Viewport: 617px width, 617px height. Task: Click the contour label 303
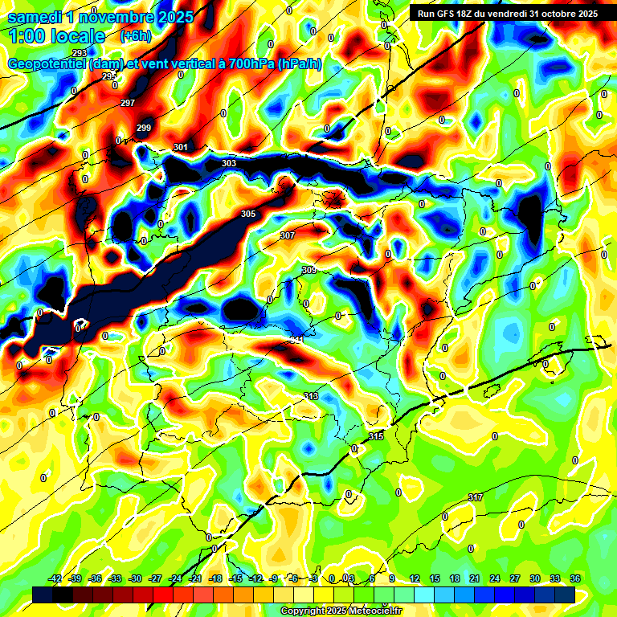(229, 164)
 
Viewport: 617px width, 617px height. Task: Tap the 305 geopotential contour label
(248, 214)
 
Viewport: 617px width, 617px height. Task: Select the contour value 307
(288, 235)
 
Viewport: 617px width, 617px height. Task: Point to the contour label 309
(308, 270)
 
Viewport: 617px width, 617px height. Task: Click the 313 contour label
(312, 397)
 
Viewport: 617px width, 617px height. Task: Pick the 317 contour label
(476, 498)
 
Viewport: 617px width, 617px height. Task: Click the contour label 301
(181, 147)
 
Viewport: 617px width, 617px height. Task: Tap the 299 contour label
(144, 129)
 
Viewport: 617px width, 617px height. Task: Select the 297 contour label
(128, 104)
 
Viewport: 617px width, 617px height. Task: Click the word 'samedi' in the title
(37, 16)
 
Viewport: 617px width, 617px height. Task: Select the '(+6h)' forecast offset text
(135, 36)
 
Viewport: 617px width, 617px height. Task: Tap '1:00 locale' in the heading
(56, 36)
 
